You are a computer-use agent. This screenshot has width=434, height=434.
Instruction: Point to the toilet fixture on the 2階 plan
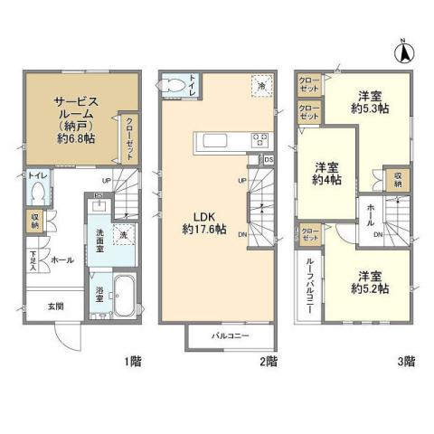[175, 84]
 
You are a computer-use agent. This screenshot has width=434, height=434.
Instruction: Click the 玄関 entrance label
[55, 306]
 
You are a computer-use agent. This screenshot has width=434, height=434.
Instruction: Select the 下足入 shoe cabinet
[32, 260]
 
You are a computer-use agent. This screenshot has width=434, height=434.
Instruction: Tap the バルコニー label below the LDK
[231, 335]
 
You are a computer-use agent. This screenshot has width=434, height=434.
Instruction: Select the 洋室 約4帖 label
[327, 174]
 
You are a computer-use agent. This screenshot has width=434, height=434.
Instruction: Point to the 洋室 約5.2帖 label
[372, 282]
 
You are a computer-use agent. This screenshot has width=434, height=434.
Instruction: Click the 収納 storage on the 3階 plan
[398, 178]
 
